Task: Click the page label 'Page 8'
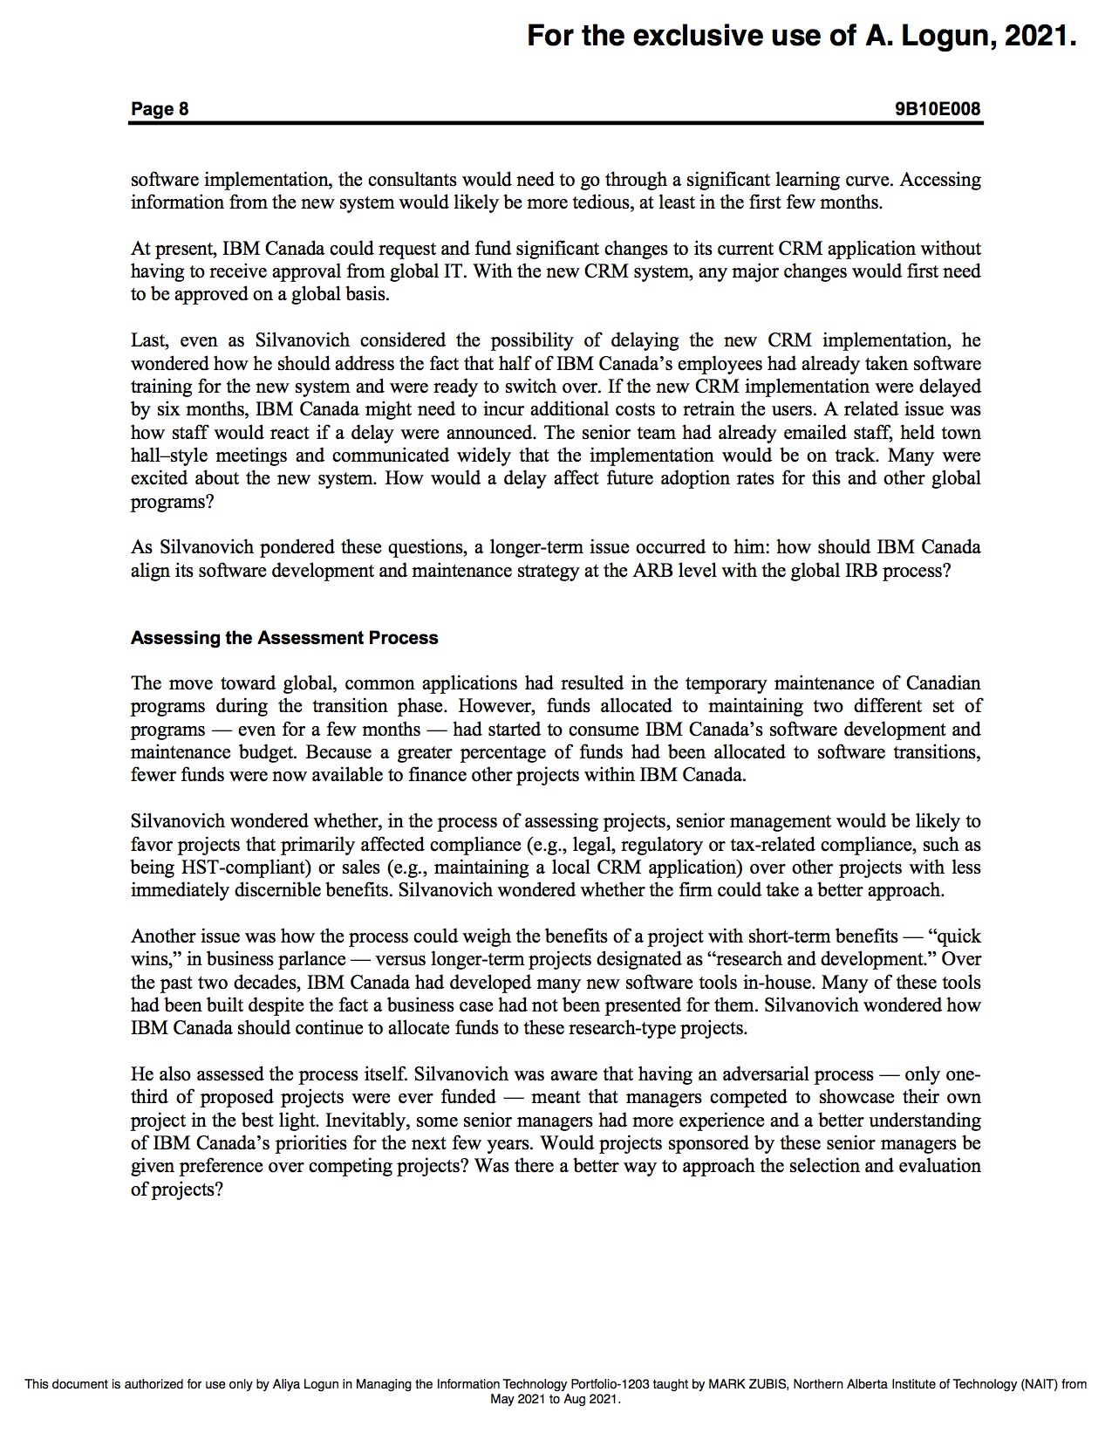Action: (160, 109)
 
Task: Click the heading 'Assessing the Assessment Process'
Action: (284, 638)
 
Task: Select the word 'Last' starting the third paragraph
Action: (148, 340)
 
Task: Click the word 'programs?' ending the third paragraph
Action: (172, 502)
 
